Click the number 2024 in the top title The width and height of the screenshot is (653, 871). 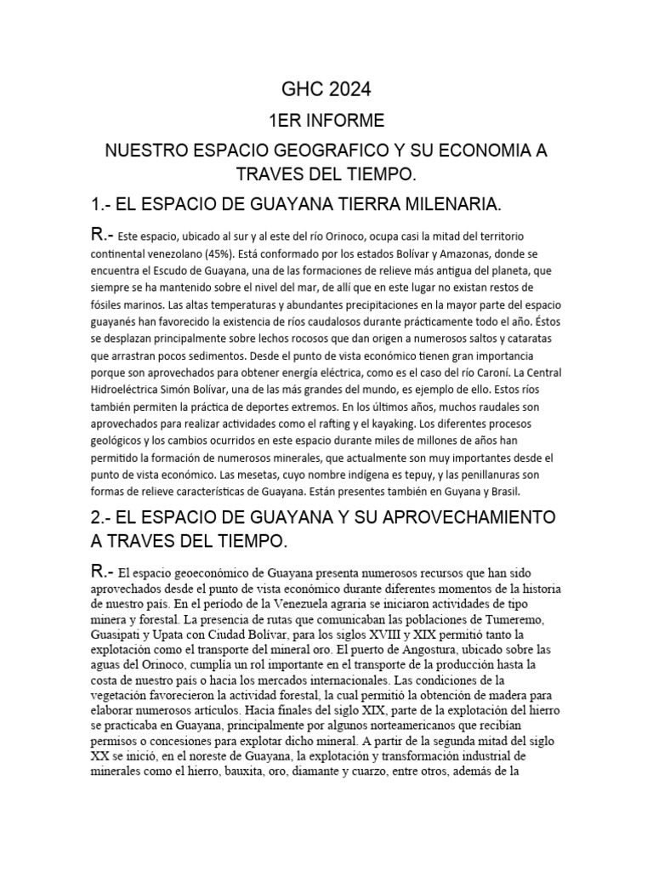pos(346,89)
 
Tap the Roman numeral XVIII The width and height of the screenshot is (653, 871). pos(404,636)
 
